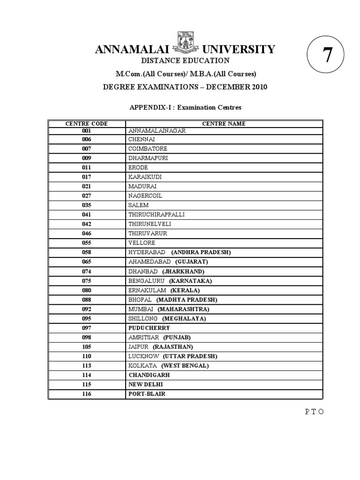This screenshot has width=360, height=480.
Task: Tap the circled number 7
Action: point(327,55)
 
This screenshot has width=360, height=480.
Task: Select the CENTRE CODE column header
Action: point(86,124)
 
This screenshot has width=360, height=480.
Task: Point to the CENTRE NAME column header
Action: point(224,124)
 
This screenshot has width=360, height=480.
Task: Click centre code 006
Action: point(86,139)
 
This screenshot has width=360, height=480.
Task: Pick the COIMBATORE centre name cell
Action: point(148,149)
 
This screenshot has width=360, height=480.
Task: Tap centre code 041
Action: point(86,215)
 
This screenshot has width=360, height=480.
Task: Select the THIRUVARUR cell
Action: point(148,233)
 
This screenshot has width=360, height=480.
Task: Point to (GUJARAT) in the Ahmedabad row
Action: point(192,262)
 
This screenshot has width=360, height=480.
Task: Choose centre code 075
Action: point(86,281)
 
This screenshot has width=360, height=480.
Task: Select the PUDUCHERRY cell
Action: point(149,328)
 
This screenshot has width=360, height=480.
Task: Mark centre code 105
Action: point(86,347)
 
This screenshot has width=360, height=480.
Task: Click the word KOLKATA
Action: point(142,366)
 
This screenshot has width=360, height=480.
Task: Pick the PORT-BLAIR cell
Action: point(147,394)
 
